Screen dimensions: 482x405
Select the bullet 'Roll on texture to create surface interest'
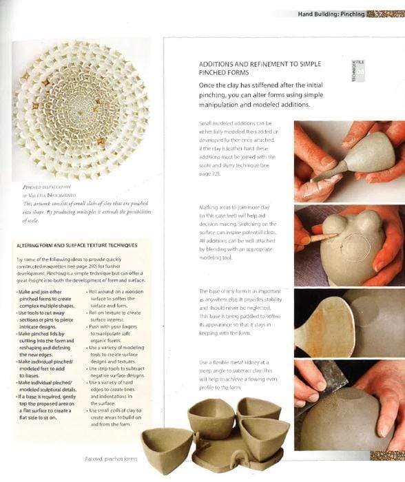114,314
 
